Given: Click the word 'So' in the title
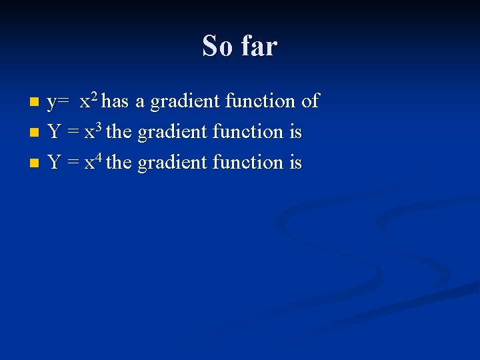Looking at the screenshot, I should tap(218, 47).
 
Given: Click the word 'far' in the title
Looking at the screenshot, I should tap(259, 47).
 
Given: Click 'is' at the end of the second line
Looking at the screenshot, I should tap(295, 133).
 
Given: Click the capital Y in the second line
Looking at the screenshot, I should tap(55, 133).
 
